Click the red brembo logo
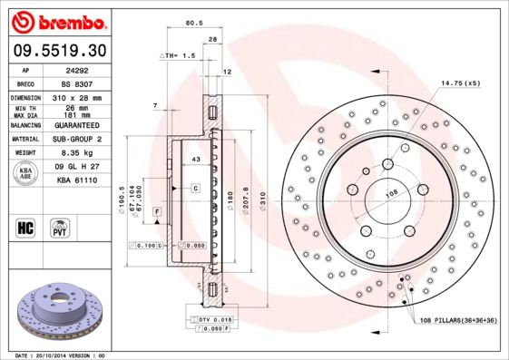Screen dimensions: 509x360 click(59, 22)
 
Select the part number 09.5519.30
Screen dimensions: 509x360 click(60, 51)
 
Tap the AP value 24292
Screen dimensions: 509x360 click(77, 71)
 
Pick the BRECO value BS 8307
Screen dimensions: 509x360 click(77, 84)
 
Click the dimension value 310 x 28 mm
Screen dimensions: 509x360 click(77, 98)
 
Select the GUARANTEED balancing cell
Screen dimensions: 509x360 click(77, 125)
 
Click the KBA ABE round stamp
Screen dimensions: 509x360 click(25, 173)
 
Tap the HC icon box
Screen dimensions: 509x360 click(25, 228)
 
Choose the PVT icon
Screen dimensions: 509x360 click(60, 228)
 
